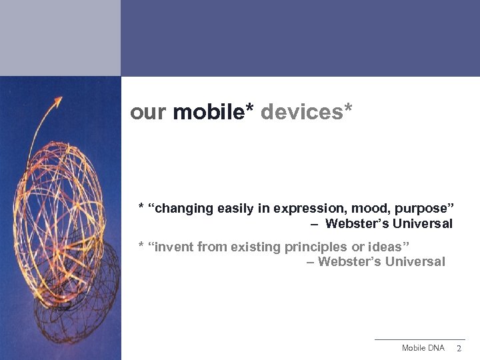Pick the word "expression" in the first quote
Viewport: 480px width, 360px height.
point(299,209)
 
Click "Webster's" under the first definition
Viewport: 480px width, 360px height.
point(357,224)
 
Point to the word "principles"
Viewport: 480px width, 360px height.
point(315,247)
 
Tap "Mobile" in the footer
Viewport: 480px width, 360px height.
point(414,349)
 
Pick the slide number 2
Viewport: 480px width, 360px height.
point(458,349)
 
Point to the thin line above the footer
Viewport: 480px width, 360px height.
point(419,340)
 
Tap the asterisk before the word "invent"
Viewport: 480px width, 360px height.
point(141,247)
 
